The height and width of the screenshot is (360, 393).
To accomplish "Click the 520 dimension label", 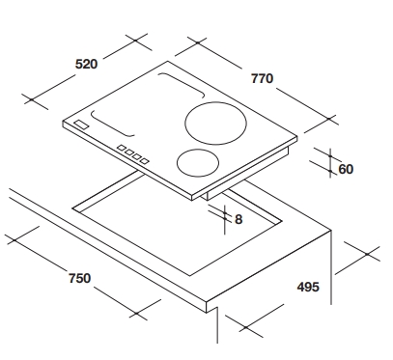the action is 86,64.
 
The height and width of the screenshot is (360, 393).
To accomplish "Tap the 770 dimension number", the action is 262,78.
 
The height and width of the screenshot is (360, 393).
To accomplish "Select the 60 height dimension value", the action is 346,169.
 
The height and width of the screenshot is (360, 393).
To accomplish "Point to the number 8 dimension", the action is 239,219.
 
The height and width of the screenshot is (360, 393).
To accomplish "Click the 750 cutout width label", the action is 79,278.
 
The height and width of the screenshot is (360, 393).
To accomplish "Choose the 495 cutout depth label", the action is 308,287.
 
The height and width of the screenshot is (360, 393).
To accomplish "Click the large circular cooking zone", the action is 215,124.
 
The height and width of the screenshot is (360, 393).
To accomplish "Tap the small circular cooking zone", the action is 198,162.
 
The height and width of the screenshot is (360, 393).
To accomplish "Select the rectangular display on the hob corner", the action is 81,125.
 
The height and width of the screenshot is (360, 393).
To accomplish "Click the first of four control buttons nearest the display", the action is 122,148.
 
